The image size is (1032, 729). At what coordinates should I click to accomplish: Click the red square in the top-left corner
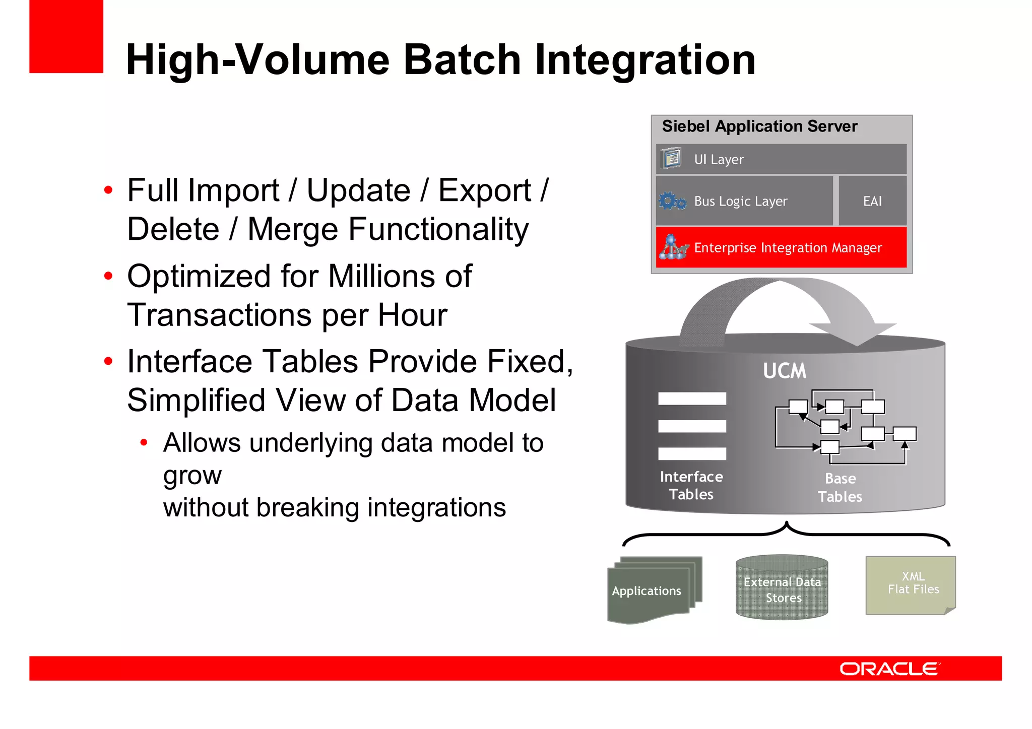[66, 36]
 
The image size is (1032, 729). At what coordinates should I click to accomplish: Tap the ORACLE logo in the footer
[889, 669]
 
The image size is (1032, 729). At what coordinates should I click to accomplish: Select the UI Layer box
[781, 159]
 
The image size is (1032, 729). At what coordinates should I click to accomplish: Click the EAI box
[872, 201]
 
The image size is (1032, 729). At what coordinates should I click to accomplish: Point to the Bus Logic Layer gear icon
[672, 201]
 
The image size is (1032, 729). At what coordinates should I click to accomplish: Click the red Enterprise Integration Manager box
[781, 247]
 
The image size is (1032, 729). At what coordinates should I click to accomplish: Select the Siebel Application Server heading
[759, 126]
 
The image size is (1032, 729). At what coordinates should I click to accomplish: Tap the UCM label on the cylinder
[784, 371]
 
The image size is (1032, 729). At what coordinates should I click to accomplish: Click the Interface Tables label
[691, 485]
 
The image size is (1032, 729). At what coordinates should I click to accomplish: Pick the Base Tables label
[840, 487]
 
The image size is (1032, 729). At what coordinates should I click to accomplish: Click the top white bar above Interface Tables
[692, 399]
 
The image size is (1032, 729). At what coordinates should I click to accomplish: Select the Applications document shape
[647, 590]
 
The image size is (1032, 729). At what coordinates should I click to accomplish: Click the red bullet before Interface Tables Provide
[108, 361]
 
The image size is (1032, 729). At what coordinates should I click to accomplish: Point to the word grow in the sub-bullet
[192, 475]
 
